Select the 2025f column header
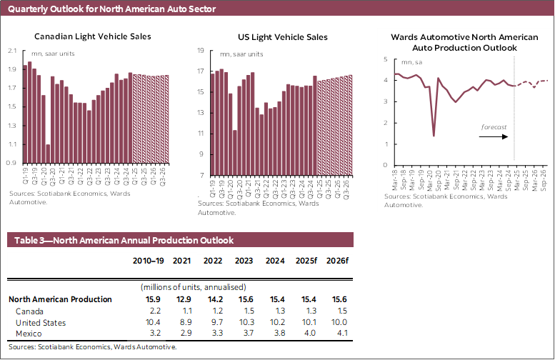(306, 261)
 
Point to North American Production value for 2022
(212, 299)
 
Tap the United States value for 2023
(245, 322)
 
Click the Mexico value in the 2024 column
(275, 334)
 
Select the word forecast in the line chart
(494, 126)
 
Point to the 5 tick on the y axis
(385, 59)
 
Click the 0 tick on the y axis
(385, 166)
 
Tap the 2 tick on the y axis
(385, 123)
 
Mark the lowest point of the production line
(434, 136)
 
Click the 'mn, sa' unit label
(411, 63)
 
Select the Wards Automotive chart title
(454, 42)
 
